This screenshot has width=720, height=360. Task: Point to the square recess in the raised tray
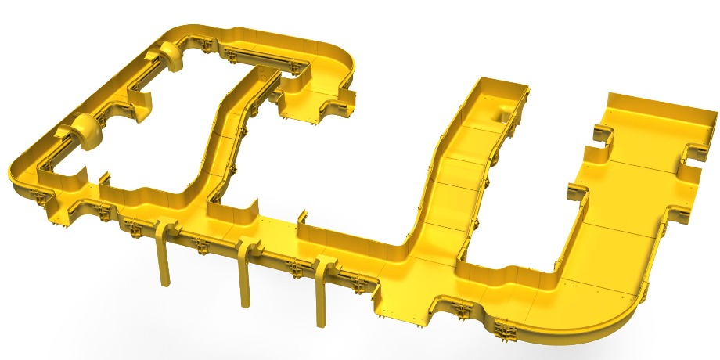(x=499, y=114)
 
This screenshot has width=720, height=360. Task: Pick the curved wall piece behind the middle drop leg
(x=235, y=211)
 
